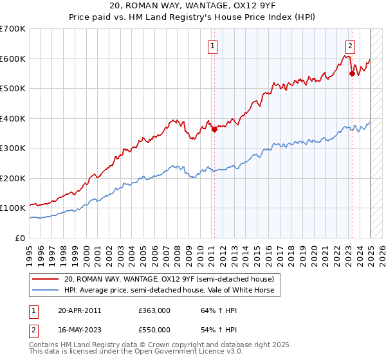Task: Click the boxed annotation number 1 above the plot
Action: (x=212, y=45)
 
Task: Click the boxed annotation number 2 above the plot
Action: (x=350, y=45)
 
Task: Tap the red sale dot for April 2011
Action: (x=214, y=129)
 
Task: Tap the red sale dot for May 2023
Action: (x=352, y=74)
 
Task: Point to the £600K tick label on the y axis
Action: (x=14, y=59)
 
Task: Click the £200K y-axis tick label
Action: (x=14, y=178)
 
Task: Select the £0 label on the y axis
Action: (x=21, y=238)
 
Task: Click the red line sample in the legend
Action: (x=46, y=280)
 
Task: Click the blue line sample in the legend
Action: (x=46, y=290)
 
